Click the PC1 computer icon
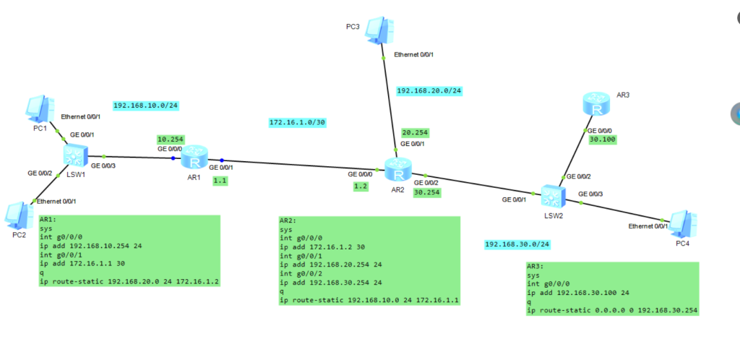pyautogui.click(x=38, y=108)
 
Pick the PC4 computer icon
pyautogui.click(x=682, y=224)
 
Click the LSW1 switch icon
pyautogui.click(x=74, y=155)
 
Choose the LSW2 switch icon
pyautogui.click(x=552, y=196)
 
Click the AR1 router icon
pyautogui.click(x=195, y=157)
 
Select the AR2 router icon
pyautogui.click(x=395, y=171)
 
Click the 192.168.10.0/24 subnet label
pyautogui.click(x=145, y=106)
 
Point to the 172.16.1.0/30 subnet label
pyautogui.click(x=296, y=123)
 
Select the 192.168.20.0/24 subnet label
pyautogui.click(x=429, y=91)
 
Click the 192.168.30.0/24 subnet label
pyautogui.click(x=517, y=244)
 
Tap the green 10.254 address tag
pyautogui.click(x=171, y=139)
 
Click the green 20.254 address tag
pyautogui.click(x=416, y=132)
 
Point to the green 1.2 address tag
pyautogui.click(x=361, y=186)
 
